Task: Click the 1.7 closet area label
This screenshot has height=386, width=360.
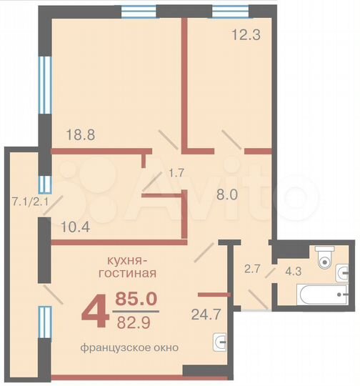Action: point(176,172)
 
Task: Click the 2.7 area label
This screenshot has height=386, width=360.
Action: point(253,269)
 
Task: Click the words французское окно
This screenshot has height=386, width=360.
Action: point(129,347)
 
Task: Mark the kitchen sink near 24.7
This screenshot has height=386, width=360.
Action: point(220,343)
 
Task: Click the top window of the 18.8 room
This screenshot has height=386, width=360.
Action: point(139,11)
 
